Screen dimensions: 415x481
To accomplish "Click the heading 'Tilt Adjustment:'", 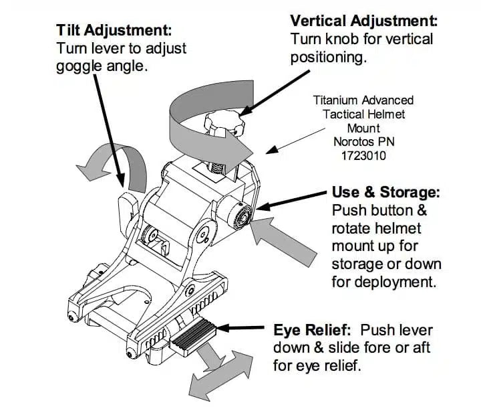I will [x=114, y=30].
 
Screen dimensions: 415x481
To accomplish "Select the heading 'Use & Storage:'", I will [x=386, y=193].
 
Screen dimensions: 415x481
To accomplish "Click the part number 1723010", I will [x=363, y=155].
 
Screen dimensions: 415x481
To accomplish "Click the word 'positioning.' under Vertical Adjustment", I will [x=328, y=57].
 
